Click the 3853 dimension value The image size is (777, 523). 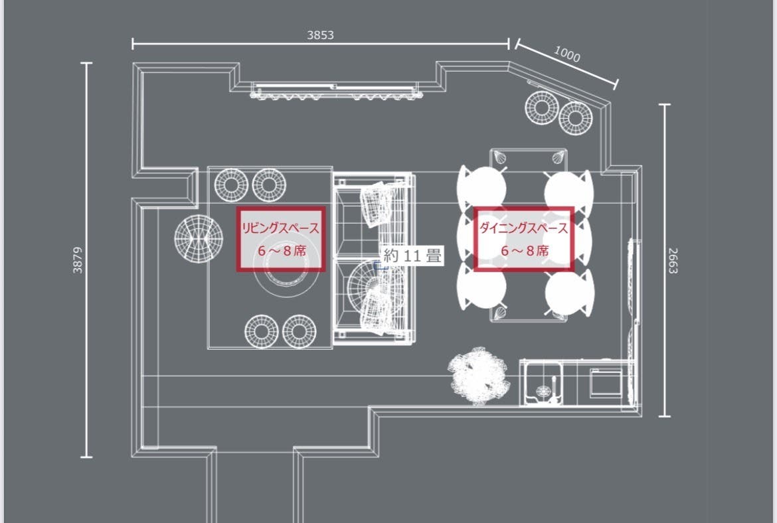pos(320,35)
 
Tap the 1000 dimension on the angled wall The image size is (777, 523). pos(567,54)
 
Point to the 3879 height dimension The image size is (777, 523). pos(78,260)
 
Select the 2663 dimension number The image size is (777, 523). pos(673,261)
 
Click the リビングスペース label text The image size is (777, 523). pos(280,228)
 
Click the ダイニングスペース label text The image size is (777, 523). pos(524,228)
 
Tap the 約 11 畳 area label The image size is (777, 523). pos(412,256)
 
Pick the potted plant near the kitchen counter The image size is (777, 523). pos(479,376)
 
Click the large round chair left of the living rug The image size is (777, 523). pos(198,239)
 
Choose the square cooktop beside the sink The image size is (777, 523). pos(606,383)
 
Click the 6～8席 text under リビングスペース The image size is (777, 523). pos(282,251)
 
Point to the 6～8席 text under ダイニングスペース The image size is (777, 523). pos(525,251)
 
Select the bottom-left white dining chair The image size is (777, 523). pos(481,288)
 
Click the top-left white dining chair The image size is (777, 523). pos(481,188)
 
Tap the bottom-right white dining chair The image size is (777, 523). pos(569,292)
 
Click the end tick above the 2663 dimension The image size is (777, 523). pos(665,105)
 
